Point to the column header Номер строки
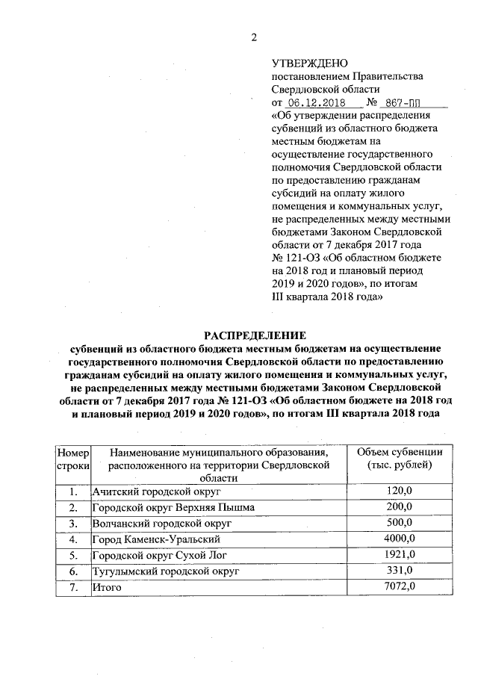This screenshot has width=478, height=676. (73, 459)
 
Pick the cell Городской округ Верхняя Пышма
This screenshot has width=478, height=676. (173, 507)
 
